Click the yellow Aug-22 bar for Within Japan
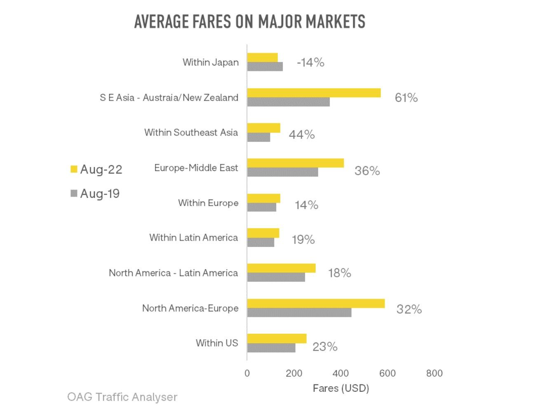click(263, 57)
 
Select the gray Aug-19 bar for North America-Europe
click(299, 313)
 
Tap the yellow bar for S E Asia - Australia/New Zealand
click(314, 93)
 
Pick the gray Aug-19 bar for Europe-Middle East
click(283, 172)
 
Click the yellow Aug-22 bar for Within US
click(277, 338)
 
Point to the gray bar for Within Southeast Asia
click(259, 137)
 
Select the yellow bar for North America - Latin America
click(282, 268)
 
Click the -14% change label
click(310, 62)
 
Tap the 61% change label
click(406, 98)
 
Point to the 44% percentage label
click(302, 134)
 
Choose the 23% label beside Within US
click(325, 347)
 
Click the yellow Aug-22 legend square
click(74, 169)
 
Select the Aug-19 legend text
click(100, 194)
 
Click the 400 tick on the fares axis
click(340, 373)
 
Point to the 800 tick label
click(434, 373)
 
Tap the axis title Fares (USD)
click(341, 388)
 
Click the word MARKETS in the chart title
click(335, 22)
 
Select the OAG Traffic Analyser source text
click(122, 397)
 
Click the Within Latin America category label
click(194, 238)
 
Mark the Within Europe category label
click(208, 203)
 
